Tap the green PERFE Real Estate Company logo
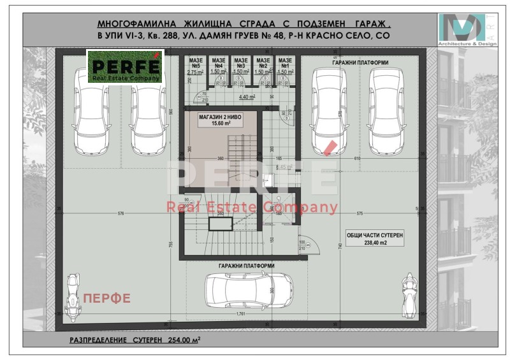125,68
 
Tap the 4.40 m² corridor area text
247,97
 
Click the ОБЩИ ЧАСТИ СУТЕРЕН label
375,234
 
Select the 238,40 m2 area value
375,243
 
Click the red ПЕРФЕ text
106,298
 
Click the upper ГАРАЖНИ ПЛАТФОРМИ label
360,62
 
